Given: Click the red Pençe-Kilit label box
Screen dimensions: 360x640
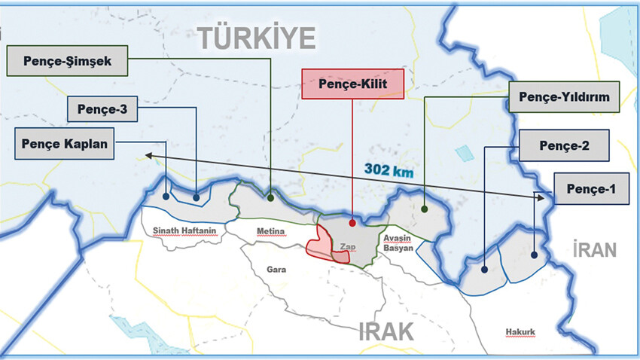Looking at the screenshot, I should click(x=353, y=84).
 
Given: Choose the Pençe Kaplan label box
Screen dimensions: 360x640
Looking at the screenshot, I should click(x=65, y=143).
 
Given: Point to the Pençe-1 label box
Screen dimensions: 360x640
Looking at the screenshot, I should click(x=590, y=189).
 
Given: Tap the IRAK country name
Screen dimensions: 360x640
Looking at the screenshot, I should click(x=387, y=330).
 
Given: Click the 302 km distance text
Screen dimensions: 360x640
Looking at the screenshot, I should click(x=389, y=171).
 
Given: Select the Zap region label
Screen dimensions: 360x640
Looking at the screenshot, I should click(x=347, y=246).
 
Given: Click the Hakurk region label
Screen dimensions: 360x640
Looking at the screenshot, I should click(x=521, y=331).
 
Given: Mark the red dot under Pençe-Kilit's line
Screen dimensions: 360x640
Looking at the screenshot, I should click(x=352, y=223).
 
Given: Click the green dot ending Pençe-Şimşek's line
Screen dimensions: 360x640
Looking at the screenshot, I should click(x=270, y=198).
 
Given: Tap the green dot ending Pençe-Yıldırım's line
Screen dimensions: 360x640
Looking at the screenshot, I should click(x=425, y=209).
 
